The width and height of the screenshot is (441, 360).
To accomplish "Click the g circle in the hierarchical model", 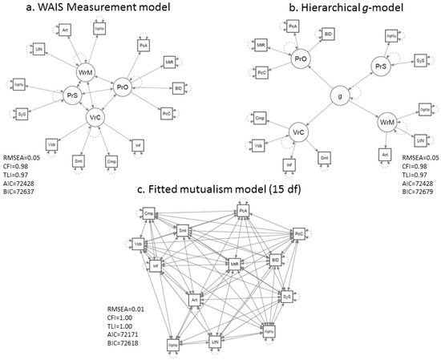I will click(340, 96).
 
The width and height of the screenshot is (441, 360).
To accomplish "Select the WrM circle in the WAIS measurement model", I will click(86, 73).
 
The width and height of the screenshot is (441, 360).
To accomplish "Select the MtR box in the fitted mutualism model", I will click(235, 264).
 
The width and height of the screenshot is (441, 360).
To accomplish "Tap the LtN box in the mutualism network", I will click(215, 342).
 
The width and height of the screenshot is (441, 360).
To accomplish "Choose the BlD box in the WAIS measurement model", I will click(178, 87).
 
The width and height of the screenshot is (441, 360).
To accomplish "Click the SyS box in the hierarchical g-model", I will click(419, 60).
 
